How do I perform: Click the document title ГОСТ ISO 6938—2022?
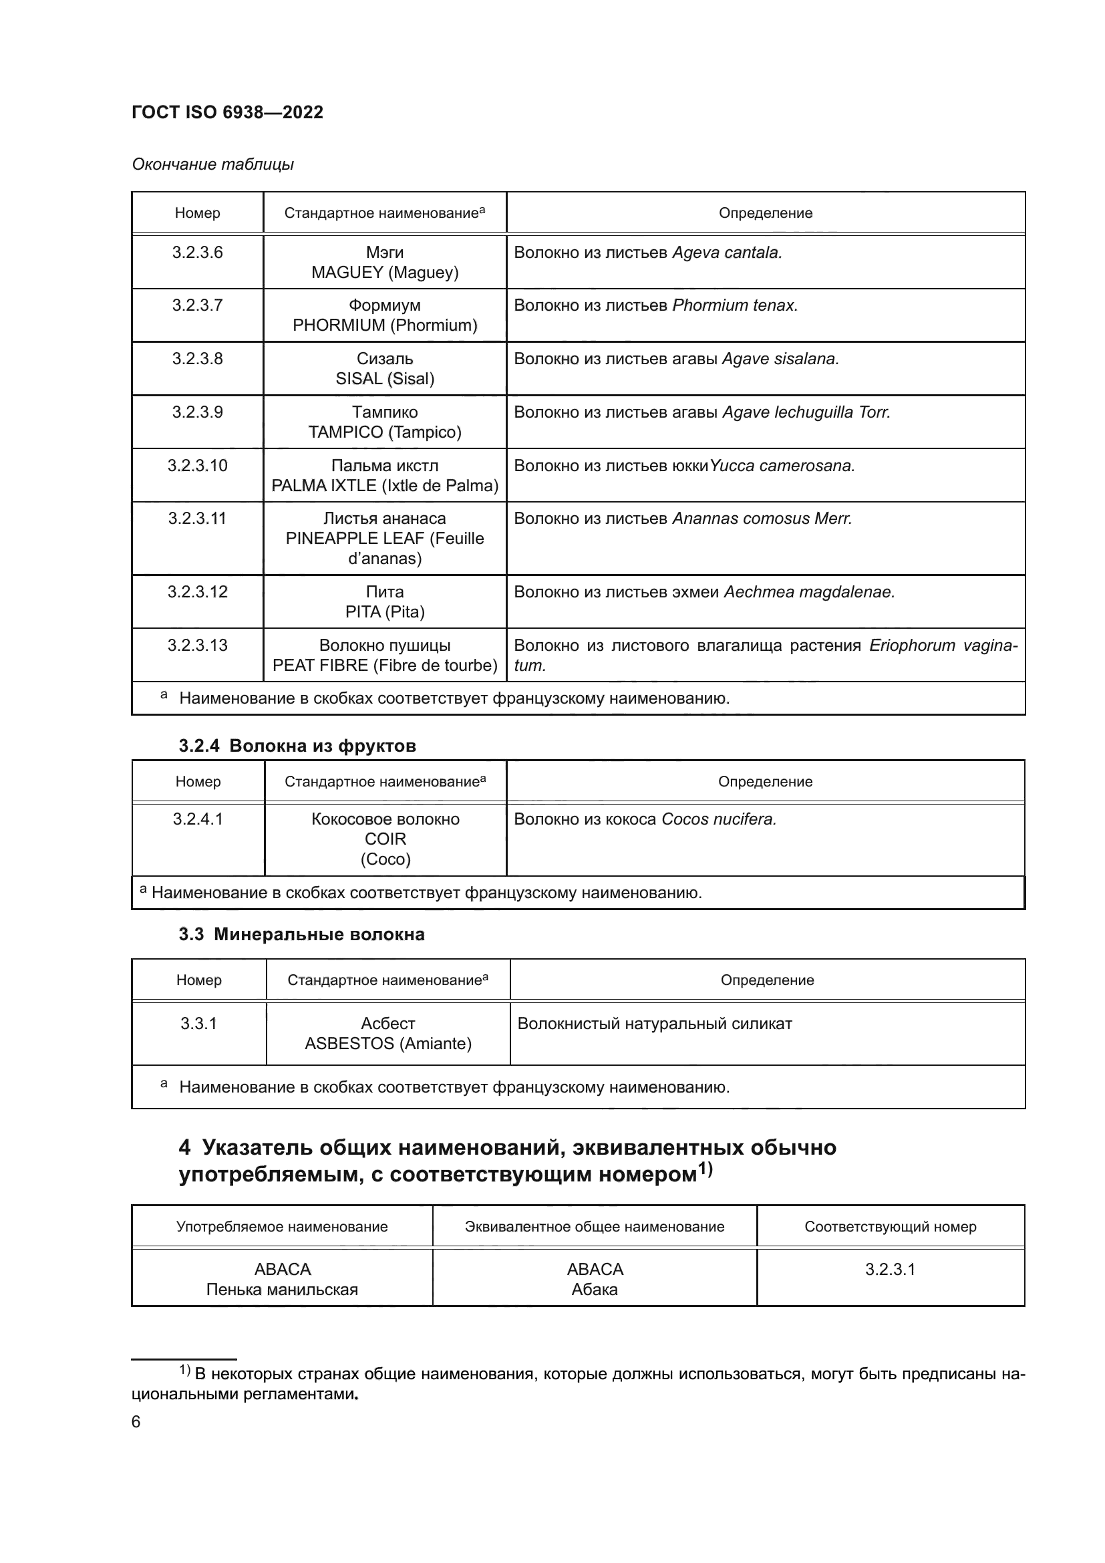point(227,112)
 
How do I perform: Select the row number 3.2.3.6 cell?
point(197,253)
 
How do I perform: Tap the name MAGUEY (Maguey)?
point(384,273)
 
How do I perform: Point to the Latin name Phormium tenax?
point(734,305)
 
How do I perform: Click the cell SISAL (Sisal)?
point(384,379)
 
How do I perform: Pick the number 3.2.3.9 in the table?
point(197,412)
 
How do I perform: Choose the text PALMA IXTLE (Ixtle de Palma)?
point(384,486)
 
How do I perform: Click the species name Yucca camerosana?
point(782,466)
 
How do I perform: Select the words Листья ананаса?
point(384,519)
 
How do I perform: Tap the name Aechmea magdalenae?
point(809,592)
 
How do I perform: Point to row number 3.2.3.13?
point(197,646)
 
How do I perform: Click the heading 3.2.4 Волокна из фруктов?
point(297,746)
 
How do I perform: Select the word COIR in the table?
point(385,839)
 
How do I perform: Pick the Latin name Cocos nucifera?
point(719,820)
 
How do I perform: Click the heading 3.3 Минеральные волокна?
point(301,935)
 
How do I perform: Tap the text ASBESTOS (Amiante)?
point(388,1044)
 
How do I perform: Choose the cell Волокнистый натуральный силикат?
point(655,1024)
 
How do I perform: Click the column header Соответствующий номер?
point(890,1227)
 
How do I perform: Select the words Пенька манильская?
point(282,1289)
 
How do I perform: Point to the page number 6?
point(136,1422)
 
